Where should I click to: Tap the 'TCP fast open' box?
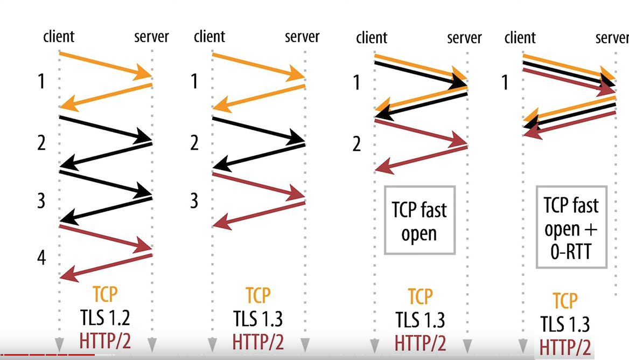420,220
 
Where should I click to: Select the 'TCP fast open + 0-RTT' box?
571,227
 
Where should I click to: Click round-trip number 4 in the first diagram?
41,258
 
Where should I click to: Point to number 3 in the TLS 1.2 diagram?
41,201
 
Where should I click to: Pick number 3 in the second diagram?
194,201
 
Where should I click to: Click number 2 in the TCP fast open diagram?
357,144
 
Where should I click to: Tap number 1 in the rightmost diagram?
505,82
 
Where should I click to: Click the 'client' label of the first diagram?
59,37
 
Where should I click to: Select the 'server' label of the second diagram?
302,37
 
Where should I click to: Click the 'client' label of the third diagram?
372,38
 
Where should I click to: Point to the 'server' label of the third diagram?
464,38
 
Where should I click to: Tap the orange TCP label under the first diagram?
105,295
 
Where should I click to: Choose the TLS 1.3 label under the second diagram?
258,319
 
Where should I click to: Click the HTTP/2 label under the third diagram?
420,343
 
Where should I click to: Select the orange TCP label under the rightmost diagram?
565,301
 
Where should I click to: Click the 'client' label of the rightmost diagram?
520,38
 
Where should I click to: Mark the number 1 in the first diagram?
41,82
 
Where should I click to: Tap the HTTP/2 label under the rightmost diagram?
565,347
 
